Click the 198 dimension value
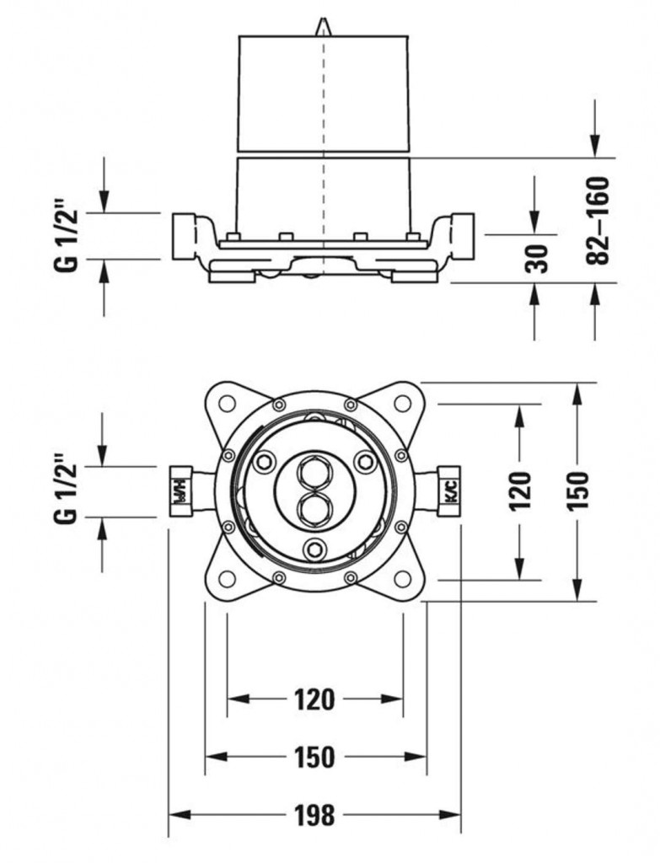pyautogui.click(x=314, y=815)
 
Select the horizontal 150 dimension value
pyautogui.click(x=314, y=757)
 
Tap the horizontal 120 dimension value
pyautogui.click(x=314, y=699)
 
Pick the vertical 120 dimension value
pyautogui.click(x=520, y=490)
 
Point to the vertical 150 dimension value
pyautogui.click(x=577, y=490)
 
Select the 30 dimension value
pyautogui.click(x=537, y=258)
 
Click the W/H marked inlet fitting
pyautogui.click(x=180, y=491)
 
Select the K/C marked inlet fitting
pyautogui.click(x=448, y=491)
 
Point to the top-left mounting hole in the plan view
pyautogui.click(x=227, y=403)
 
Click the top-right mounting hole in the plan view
pyautogui.click(x=403, y=403)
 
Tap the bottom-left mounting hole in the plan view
pyautogui.click(x=227, y=579)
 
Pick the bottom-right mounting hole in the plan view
pyautogui.click(x=403, y=579)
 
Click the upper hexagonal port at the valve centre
pyautogui.click(x=314, y=472)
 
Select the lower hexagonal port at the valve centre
pyautogui.click(x=314, y=508)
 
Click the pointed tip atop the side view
pyautogui.click(x=324, y=26)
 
